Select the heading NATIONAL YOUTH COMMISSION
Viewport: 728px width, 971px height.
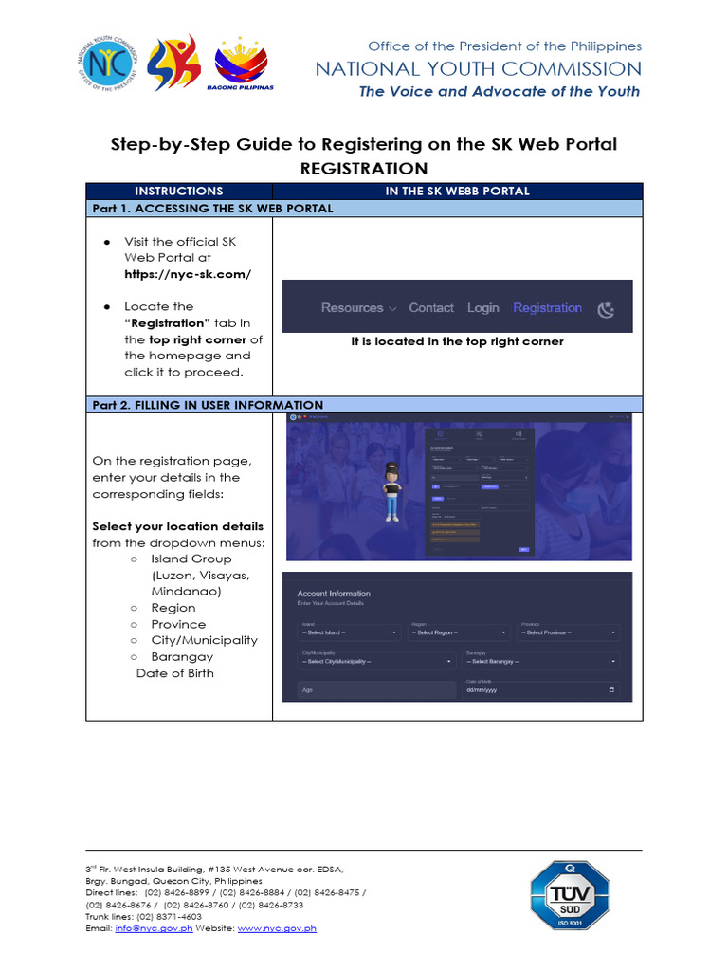pyautogui.click(x=478, y=69)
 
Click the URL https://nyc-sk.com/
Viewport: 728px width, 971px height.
pyautogui.click(x=188, y=274)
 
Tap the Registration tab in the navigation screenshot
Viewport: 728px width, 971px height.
pyautogui.click(x=547, y=308)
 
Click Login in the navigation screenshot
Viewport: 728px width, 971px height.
pyautogui.click(x=482, y=308)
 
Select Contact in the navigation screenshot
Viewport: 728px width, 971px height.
pyautogui.click(x=431, y=308)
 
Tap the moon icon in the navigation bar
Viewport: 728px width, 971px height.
pyautogui.click(x=607, y=308)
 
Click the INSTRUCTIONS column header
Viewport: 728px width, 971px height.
pyautogui.click(x=178, y=191)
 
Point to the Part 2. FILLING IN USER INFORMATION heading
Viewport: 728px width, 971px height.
pyautogui.click(x=207, y=405)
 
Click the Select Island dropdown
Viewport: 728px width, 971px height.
pyautogui.click(x=350, y=632)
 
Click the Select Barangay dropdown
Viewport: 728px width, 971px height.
pyautogui.click(x=541, y=661)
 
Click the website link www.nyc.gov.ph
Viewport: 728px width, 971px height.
pyautogui.click(x=277, y=928)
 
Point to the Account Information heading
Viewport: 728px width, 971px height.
pyautogui.click(x=334, y=594)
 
